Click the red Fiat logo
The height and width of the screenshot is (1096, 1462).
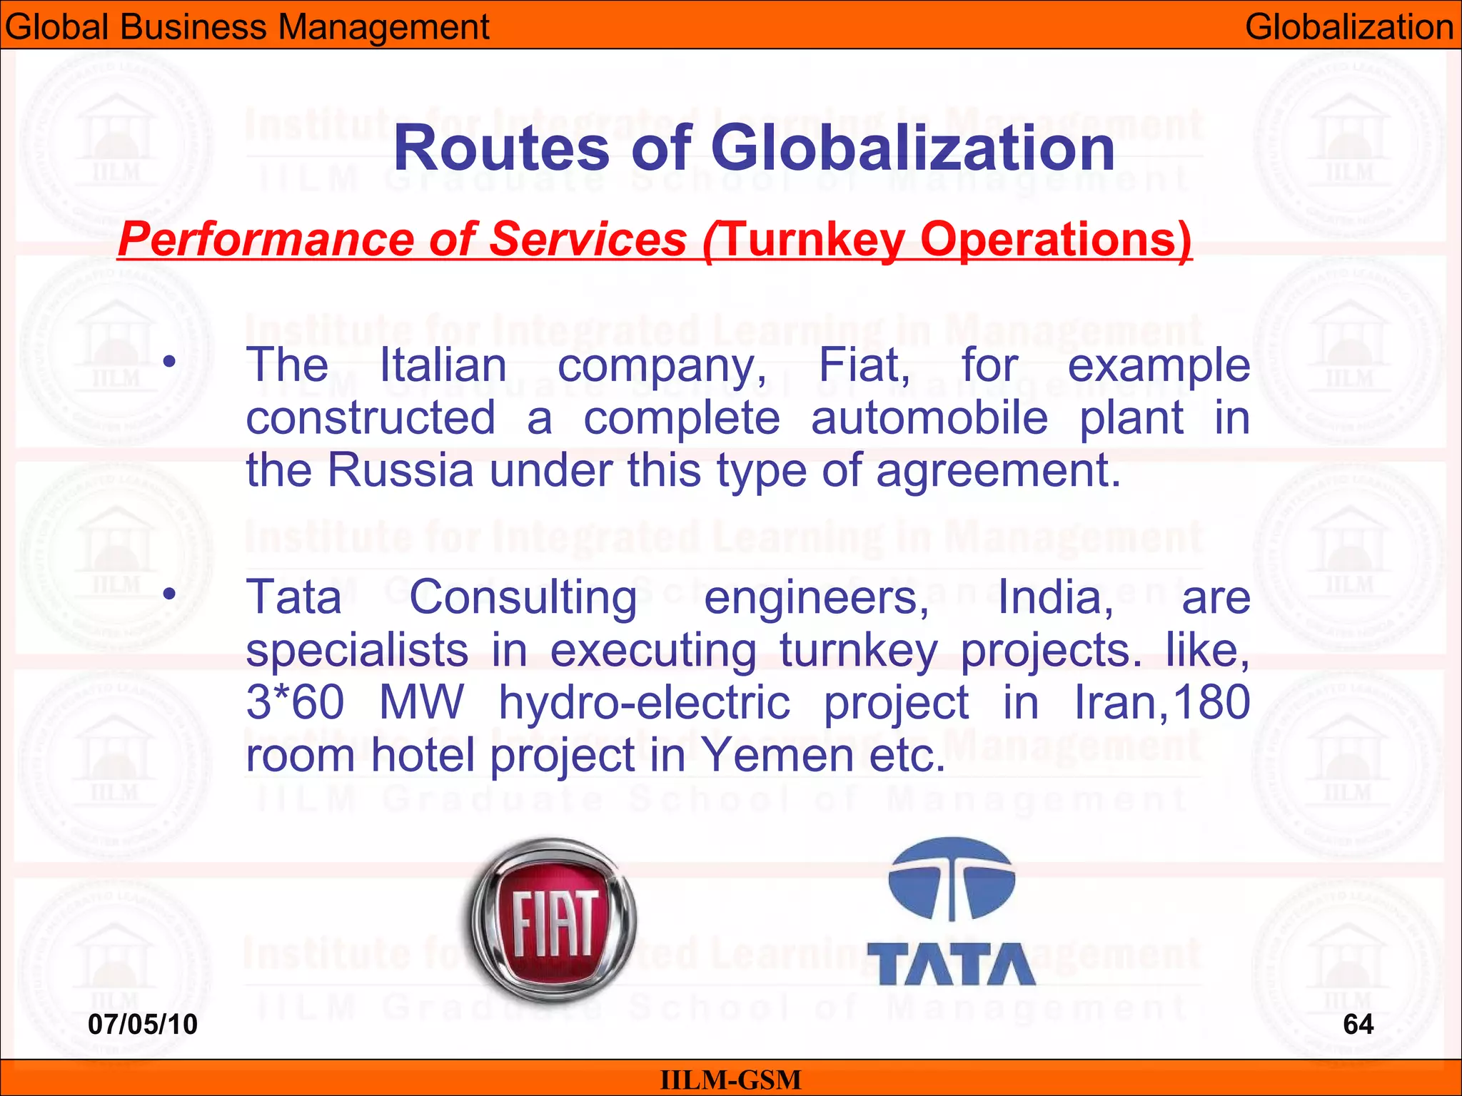coord(554,920)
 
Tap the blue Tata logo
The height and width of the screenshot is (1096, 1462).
coord(951,913)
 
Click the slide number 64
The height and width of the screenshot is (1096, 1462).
coord(1358,1025)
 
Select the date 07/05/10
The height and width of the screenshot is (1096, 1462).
coord(143,1025)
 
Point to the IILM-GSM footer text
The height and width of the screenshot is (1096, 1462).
coord(730,1080)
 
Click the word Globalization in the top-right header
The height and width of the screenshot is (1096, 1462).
coord(1348,27)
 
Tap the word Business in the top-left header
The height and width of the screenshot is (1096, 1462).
coord(191,27)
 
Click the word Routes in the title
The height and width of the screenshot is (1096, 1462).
coord(500,148)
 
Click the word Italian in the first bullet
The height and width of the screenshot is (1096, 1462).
coord(443,365)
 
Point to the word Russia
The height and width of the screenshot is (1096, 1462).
coord(400,471)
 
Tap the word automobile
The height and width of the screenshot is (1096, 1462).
coord(929,418)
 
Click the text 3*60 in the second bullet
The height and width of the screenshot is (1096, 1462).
coord(295,702)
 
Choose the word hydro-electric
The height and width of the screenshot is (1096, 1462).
coord(644,702)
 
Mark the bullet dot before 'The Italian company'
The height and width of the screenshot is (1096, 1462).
coord(168,362)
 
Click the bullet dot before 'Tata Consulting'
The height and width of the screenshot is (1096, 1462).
coord(168,593)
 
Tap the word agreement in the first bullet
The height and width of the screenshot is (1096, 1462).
coord(998,471)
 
